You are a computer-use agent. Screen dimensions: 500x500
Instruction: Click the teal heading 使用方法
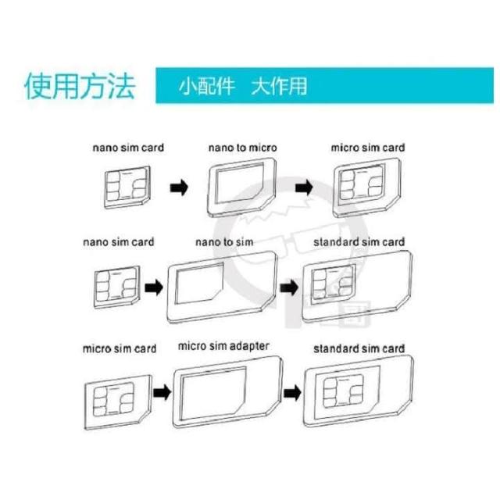click(x=80, y=85)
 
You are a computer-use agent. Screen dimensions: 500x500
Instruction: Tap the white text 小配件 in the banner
click(x=207, y=86)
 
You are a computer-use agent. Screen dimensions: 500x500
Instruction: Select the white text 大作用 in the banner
click(x=279, y=86)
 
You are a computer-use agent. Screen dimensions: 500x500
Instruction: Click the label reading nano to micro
click(x=243, y=148)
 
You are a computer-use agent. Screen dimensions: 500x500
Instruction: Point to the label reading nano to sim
click(x=224, y=242)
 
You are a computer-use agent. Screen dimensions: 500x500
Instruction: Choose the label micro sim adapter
click(x=223, y=346)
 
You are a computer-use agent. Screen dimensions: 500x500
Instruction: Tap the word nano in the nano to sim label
click(x=207, y=242)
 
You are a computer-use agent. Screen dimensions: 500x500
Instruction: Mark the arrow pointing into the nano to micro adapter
click(x=179, y=187)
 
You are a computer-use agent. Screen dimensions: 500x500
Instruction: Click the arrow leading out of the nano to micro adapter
click(x=304, y=187)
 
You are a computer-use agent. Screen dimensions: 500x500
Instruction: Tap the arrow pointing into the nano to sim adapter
click(x=154, y=287)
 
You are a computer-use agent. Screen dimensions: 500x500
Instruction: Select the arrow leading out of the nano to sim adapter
click(x=289, y=287)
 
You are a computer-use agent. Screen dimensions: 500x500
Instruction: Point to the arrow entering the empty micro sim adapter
click(x=162, y=392)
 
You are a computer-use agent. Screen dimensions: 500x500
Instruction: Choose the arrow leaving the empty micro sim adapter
click(x=292, y=392)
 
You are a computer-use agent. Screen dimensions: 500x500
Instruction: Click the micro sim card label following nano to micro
click(x=368, y=148)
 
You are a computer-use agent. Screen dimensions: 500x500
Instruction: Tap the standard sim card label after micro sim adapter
click(x=359, y=348)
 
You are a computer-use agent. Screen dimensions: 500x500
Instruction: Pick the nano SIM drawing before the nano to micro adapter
click(x=127, y=187)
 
